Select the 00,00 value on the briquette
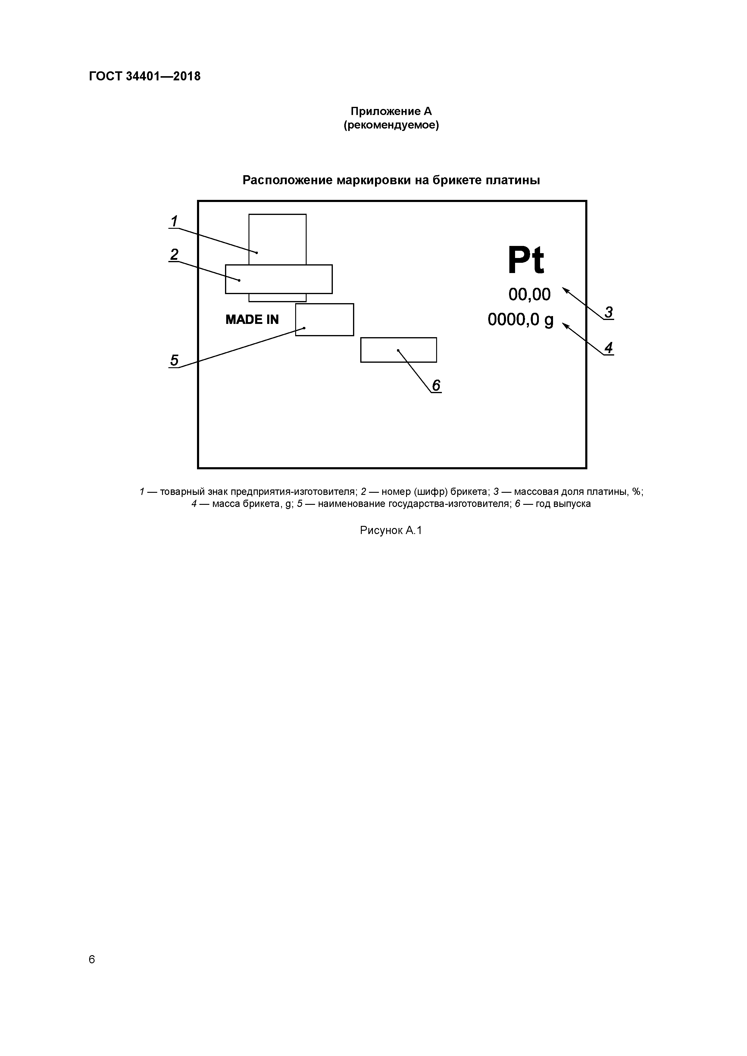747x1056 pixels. [x=529, y=294]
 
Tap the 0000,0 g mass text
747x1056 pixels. [x=520, y=320]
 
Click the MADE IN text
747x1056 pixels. [x=252, y=320]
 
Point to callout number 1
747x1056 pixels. [x=174, y=222]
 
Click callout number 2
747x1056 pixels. [x=174, y=254]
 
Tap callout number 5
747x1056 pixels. [x=174, y=360]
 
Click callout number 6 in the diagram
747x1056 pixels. [x=436, y=385]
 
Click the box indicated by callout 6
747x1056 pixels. [x=398, y=350]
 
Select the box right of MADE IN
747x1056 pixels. [x=324, y=320]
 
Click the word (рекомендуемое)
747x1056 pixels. [x=391, y=125]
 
